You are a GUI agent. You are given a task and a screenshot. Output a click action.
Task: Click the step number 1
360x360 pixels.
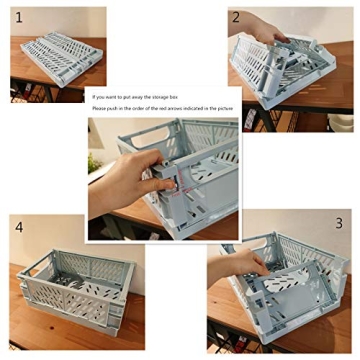[17, 17]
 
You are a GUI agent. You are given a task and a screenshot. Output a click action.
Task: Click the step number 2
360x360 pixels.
[236, 17]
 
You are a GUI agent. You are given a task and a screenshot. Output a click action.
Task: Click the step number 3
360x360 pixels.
[338, 223]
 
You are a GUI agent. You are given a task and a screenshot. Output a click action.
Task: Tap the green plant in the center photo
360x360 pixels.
[94, 160]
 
